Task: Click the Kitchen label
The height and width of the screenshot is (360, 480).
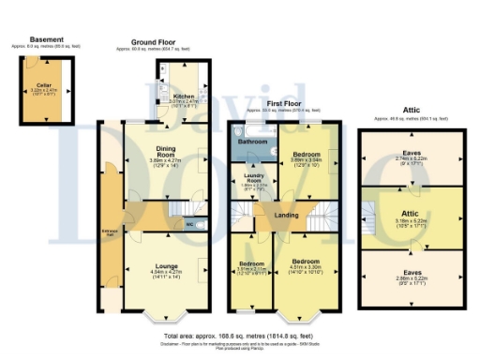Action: coord(183,96)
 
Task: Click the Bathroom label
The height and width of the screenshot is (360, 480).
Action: coord(251,142)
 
